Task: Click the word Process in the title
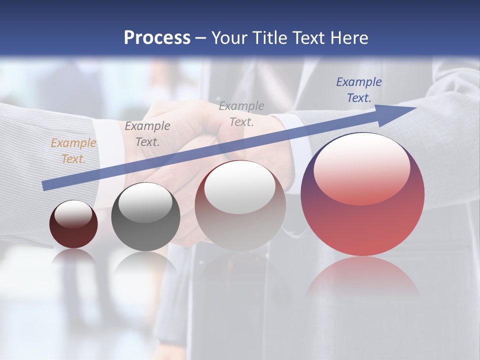(157, 37)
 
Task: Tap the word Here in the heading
(349, 37)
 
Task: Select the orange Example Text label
(73, 151)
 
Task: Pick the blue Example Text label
(358, 90)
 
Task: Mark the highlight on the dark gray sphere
(145, 203)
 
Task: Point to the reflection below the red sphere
(362, 275)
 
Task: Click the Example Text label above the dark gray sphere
(147, 133)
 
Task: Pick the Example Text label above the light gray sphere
(241, 113)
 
